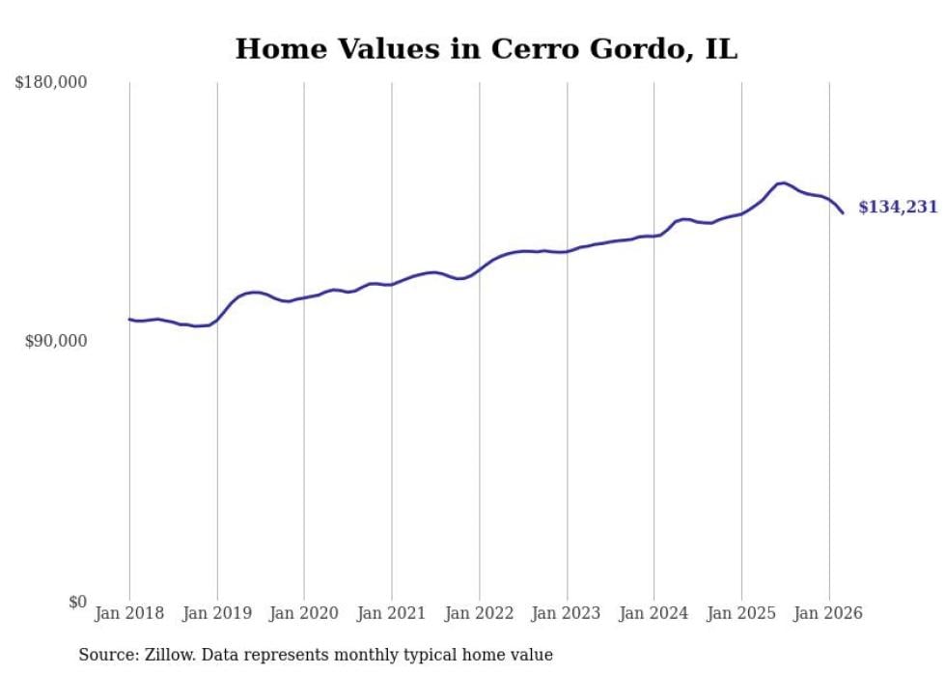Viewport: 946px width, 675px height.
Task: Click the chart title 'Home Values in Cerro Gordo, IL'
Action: [x=486, y=49]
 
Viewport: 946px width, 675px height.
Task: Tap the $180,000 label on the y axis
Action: [x=51, y=83]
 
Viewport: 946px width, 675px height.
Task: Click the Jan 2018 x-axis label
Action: [x=129, y=613]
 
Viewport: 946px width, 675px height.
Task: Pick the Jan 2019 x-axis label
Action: [x=217, y=613]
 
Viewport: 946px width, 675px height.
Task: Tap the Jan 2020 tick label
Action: [x=304, y=613]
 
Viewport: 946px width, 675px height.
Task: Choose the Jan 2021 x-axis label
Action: [x=392, y=613]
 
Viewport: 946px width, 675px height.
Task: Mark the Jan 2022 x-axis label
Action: [x=479, y=613]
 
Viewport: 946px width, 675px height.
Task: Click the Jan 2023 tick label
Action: [x=567, y=613]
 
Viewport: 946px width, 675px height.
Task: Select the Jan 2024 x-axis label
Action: [x=654, y=613]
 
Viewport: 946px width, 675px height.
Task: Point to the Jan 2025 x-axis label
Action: [x=741, y=613]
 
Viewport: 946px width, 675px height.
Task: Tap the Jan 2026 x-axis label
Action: [x=828, y=613]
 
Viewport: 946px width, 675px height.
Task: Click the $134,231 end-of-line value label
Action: [x=898, y=207]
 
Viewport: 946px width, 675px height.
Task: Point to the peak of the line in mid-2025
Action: [x=783, y=183]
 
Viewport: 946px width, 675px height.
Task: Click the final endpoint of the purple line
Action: [x=843, y=212]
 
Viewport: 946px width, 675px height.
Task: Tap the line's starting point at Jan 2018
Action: [x=129, y=319]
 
